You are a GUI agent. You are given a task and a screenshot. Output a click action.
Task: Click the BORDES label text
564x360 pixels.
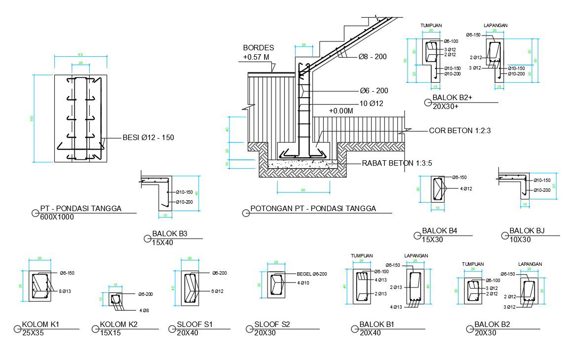click(258, 48)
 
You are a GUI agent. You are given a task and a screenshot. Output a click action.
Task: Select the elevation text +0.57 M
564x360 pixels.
click(256, 57)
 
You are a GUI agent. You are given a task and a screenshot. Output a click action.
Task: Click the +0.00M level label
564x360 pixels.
click(341, 111)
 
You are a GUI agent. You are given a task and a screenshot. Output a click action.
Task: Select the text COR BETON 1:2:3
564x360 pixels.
click(460, 131)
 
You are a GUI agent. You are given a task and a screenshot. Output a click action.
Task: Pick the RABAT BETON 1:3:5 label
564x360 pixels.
click(397, 163)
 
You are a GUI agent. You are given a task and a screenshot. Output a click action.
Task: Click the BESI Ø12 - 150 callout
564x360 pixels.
click(148, 137)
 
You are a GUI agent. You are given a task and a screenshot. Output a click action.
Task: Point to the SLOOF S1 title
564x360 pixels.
click(196, 324)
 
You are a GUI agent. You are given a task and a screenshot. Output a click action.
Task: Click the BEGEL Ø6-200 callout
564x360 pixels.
click(312, 274)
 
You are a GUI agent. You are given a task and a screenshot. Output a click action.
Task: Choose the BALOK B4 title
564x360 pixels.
click(440, 231)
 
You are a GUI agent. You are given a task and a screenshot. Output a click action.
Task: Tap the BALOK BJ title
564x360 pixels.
click(527, 231)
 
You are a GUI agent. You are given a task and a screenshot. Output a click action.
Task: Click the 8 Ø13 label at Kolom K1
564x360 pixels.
click(65, 291)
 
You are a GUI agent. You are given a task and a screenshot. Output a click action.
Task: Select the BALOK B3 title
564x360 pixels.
click(170, 234)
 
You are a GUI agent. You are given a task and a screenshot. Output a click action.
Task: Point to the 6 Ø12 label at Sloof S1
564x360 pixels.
click(218, 291)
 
